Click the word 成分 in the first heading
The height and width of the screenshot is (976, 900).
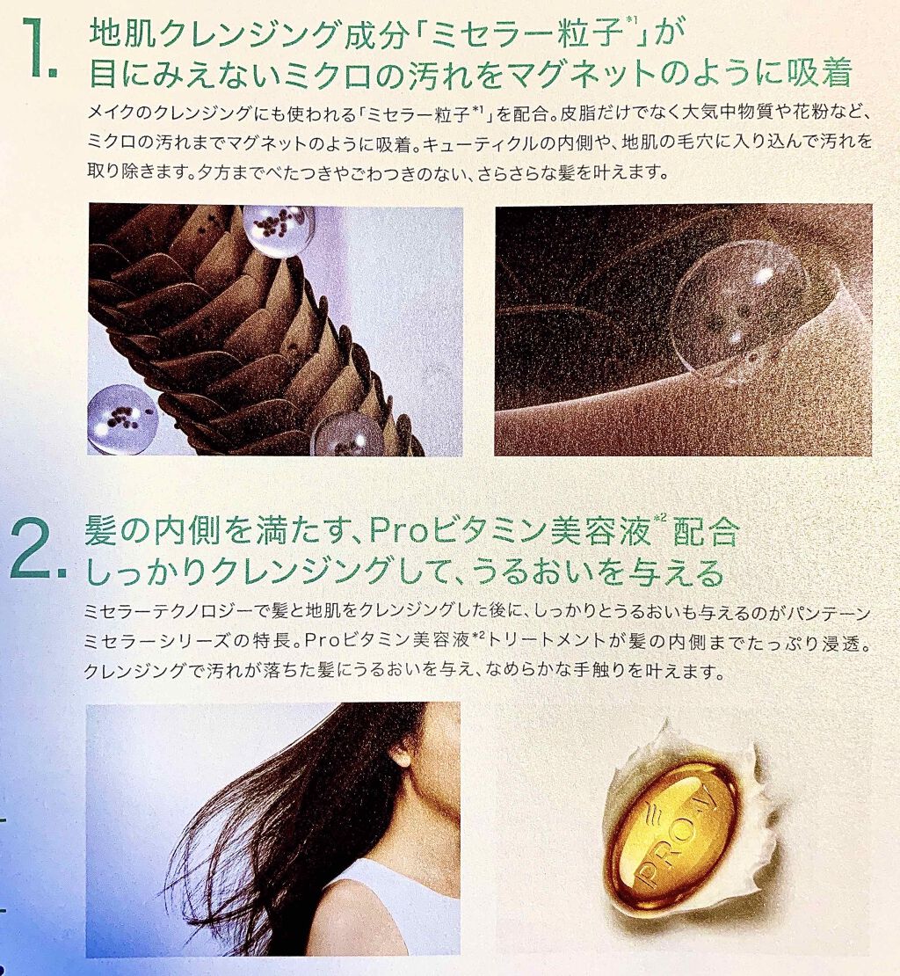point(378,35)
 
